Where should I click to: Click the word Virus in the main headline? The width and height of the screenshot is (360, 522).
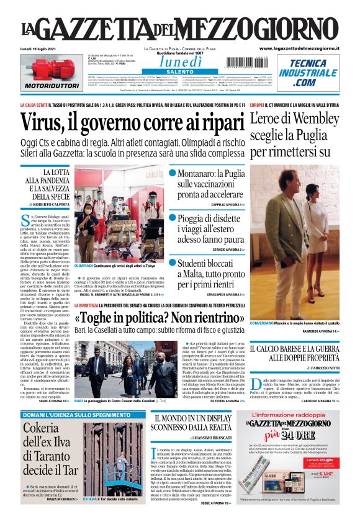pos(47,124)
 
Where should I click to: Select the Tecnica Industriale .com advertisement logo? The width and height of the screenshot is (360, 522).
pos(311,73)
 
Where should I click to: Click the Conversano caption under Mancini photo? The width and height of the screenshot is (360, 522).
pos(264,324)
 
